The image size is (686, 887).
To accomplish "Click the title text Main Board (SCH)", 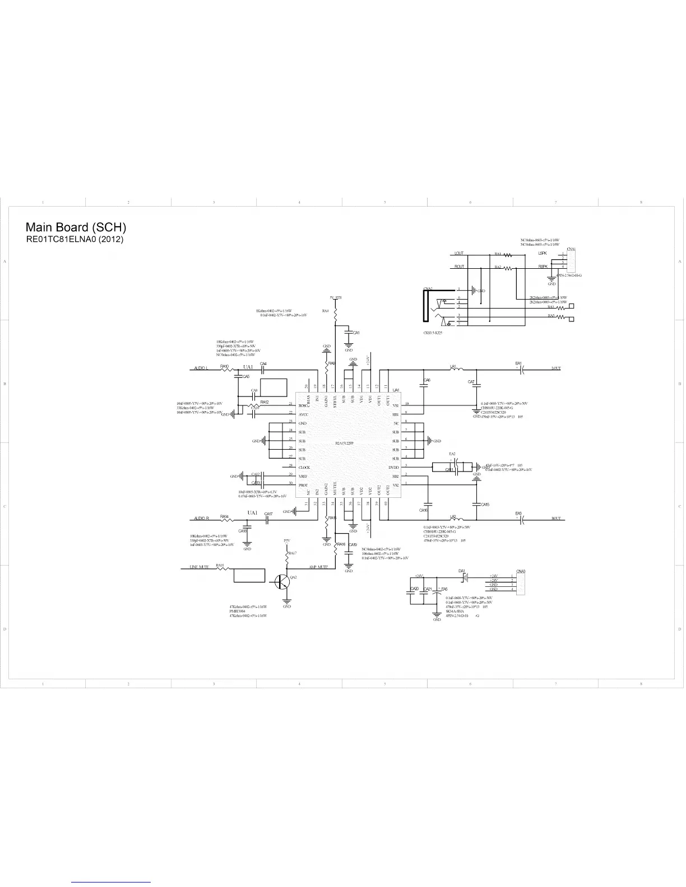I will point(76,227).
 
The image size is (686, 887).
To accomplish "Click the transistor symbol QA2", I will point(282,582).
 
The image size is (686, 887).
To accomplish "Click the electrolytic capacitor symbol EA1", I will point(521,370).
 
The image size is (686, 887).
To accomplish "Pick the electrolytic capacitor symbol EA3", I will point(521,520).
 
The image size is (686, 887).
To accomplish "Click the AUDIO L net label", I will point(201,368).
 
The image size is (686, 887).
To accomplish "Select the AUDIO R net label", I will point(201,519).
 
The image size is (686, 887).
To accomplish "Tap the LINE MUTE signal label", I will point(196,567).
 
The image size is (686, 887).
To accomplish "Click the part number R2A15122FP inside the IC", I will point(345,443).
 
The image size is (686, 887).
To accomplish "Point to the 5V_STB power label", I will point(336,297).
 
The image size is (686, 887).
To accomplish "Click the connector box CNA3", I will point(521,582).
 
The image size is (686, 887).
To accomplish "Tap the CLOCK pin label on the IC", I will point(304,468).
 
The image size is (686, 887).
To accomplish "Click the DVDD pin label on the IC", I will point(393,468).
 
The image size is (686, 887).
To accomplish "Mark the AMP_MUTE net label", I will point(318,567).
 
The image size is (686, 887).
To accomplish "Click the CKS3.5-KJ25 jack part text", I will point(433,333).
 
